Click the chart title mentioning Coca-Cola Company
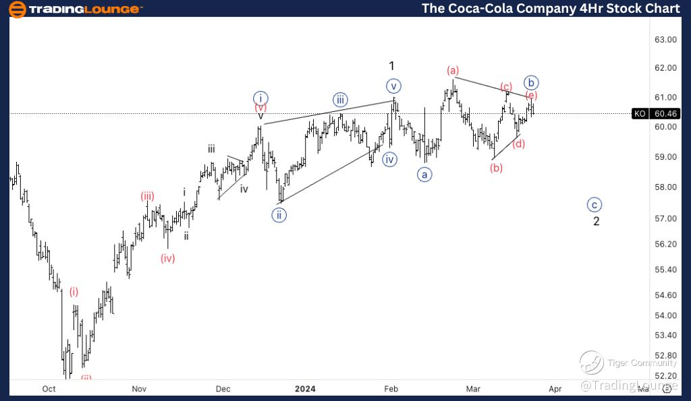click(x=551, y=8)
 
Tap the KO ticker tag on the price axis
click(x=640, y=113)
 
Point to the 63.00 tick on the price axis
click(x=666, y=39)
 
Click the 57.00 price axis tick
click(x=666, y=218)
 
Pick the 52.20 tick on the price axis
click(x=666, y=375)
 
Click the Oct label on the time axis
click(x=49, y=389)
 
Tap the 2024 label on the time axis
click(x=305, y=389)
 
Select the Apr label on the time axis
click(x=555, y=389)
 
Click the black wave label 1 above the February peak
click(x=391, y=66)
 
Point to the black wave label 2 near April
click(x=597, y=221)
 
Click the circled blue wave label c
click(x=594, y=205)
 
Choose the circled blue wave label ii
click(x=279, y=215)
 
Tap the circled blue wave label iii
click(x=341, y=100)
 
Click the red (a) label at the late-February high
click(x=452, y=70)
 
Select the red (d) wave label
click(x=518, y=143)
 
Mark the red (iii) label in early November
click(x=148, y=196)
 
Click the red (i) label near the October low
click(x=74, y=292)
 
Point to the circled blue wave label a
click(x=424, y=175)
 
